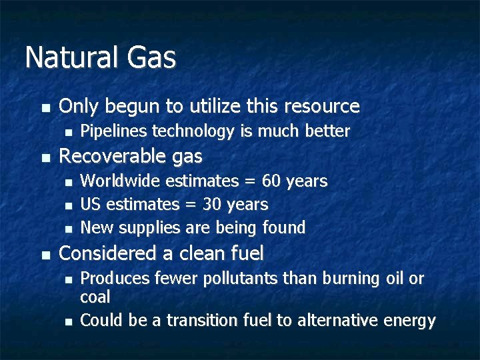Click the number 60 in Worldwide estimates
click(x=271, y=181)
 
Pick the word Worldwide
click(x=121, y=181)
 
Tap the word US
click(x=91, y=204)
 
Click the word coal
click(x=95, y=297)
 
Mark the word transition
click(x=200, y=321)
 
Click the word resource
click(x=322, y=107)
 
